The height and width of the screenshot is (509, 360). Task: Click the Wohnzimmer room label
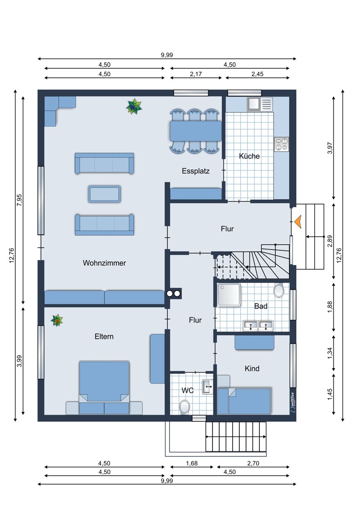coord(104,263)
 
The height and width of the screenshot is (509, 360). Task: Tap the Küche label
coord(249,156)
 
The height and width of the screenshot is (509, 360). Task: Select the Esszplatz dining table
coord(196,131)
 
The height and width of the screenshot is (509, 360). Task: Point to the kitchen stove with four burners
coord(281,144)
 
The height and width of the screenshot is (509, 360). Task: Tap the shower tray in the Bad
coord(229,294)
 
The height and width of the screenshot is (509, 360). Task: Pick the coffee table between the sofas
coord(104,194)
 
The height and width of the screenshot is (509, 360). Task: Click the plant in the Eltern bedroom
coord(56,320)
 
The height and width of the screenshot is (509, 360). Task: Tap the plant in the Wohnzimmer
coord(134,106)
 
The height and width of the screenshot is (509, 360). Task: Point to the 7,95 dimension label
coord(19,200)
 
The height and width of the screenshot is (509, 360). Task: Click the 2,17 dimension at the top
coord(196,74)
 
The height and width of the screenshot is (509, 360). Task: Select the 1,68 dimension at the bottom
coord(192,463)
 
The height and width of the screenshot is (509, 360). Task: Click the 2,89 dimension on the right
coord(330,241)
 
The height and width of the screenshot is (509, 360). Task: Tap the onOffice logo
coord(293,403)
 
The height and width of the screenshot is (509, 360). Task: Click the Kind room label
coord(252,368)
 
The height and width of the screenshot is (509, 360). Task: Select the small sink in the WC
coord(208,386)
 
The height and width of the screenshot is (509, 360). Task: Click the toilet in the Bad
coord(279,290)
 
